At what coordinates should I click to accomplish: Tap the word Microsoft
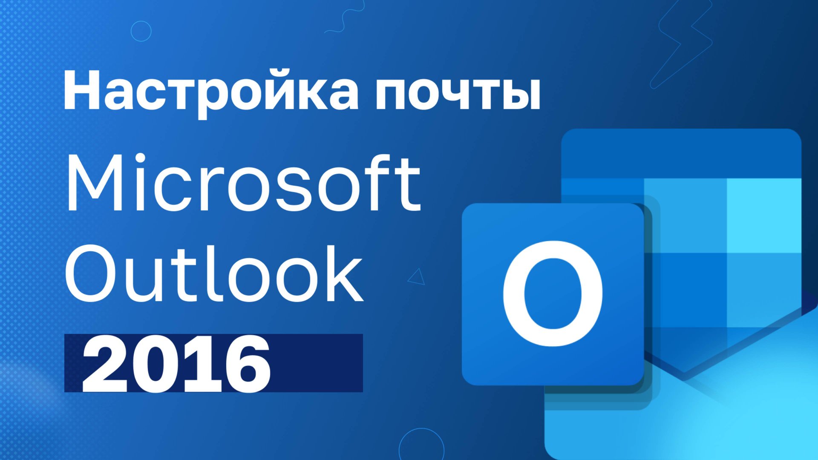pyautogui.click(x=243, y=184)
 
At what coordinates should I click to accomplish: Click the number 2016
pyautogui.click(x=176, y=364)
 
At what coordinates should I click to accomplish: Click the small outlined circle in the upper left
pyautogui.click(x=141, y=31)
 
